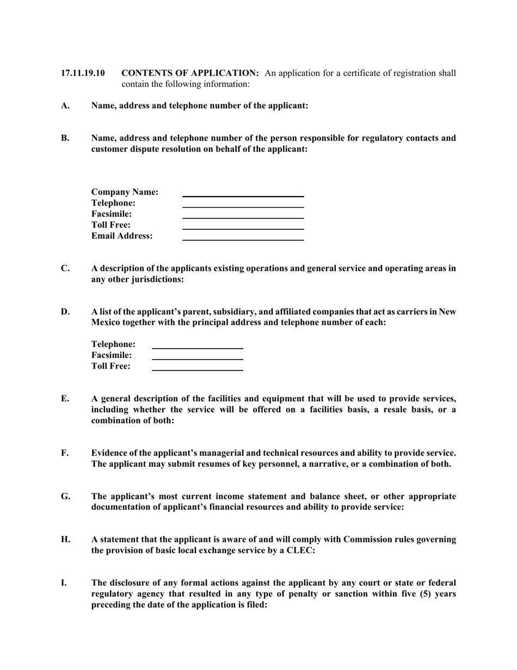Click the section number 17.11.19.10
pos(83,73)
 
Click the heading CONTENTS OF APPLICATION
pos(189,73)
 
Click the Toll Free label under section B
pos(111,225)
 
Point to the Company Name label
pos(125,192)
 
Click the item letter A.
pos(65,106)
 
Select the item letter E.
pos(65,399)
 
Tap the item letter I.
pos(64,583)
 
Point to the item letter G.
pos(65,496)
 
